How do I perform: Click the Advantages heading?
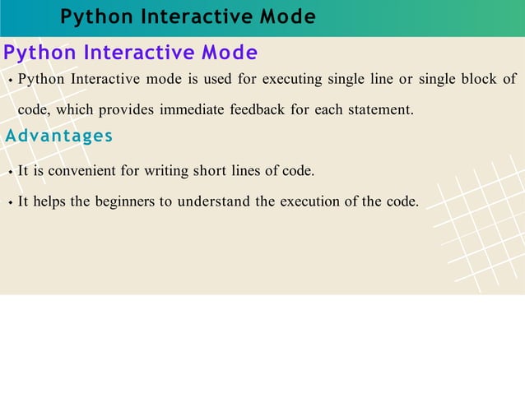pos(59,136)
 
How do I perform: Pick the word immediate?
pos(193,109)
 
